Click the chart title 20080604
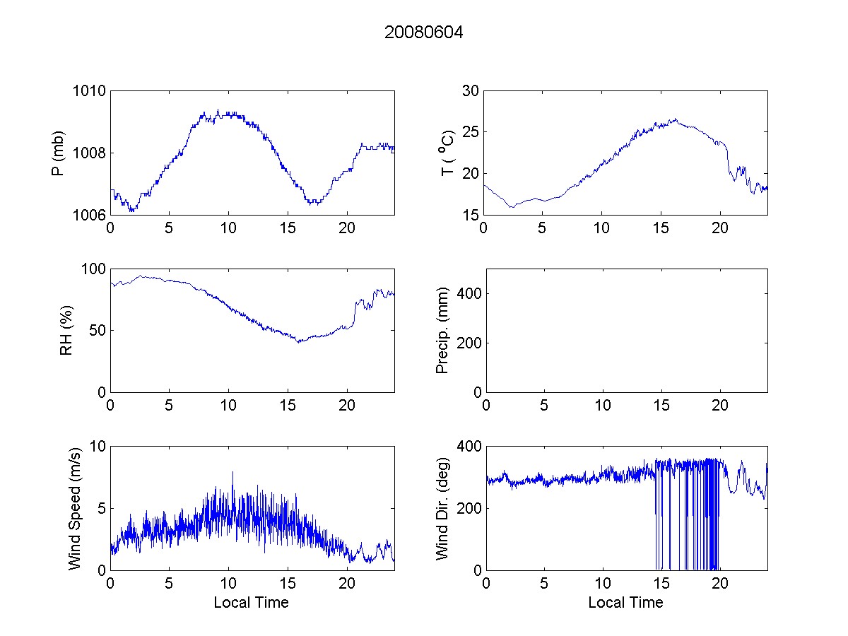pyautogui.click(x=424, y=33)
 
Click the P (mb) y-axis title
pyautogui.click(x=59, y=153)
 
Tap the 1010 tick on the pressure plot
pyautogui.click(x=88, y=91)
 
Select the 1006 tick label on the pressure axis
pyautogui.click(x=88, y=215)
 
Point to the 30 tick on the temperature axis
pyautogui.click(x=470, y=91)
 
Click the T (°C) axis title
pyautogui.click(x=447, y=153)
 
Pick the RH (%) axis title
pyautogui.click(x=66, y=330)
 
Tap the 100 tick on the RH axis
pyautogui.click(x=94, y=269)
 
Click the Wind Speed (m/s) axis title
pyautogui.click(x=74, y=507)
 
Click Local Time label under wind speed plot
pyautogui.click(x=251, y=603)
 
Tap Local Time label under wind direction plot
pyautogui.click(x=625, y=603)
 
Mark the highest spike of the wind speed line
pyautogui.click(x=232, y=472)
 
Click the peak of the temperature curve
pyautogui.click(x=676, y=119)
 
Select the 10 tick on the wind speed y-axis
pyautogui.click(x=98, y=447)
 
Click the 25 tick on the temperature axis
pyautogui.click(x=470, y=132)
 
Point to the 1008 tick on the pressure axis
pyautogui.click(x=88, y=153)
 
